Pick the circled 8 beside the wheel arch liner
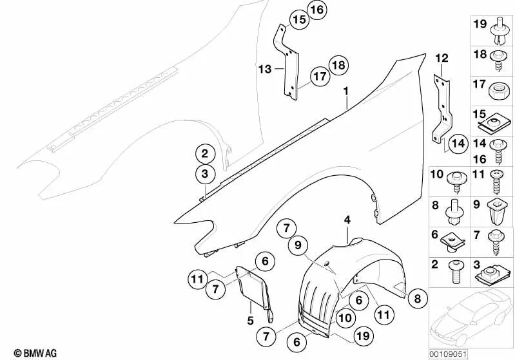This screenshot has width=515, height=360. click(x=417, y=298)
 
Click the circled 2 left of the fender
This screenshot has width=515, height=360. click(x=204, y=153)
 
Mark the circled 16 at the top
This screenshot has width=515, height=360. click(x=316, y=10)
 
